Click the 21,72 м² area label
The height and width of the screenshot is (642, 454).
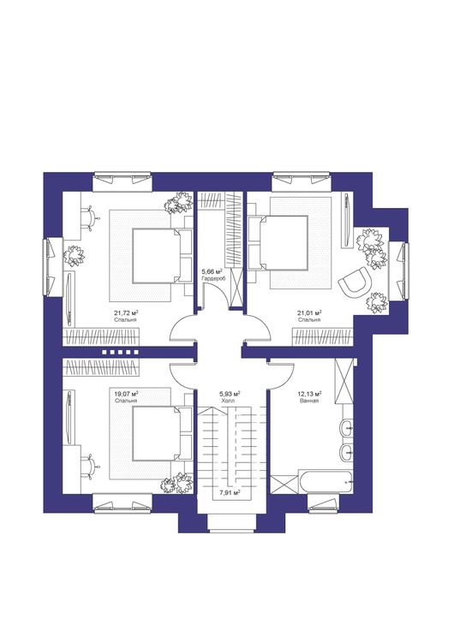[126, 313]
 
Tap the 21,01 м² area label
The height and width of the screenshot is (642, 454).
[309, 313]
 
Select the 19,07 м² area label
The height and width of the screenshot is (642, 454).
[126, 395]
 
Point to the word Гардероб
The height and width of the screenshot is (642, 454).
[212, 278]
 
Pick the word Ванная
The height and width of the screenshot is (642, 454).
[309, 401]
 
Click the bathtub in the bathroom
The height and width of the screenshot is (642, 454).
[326, 483]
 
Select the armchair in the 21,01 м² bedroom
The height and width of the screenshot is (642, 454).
[354, 281]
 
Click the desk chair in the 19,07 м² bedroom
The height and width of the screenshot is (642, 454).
[90, 466]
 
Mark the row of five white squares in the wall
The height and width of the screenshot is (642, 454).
[120, 352]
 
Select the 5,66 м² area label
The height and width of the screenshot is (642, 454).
[212, 271]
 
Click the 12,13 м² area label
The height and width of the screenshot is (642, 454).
[309, 394]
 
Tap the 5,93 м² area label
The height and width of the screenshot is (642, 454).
[230, 394]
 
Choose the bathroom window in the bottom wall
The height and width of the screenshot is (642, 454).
[323, 504]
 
